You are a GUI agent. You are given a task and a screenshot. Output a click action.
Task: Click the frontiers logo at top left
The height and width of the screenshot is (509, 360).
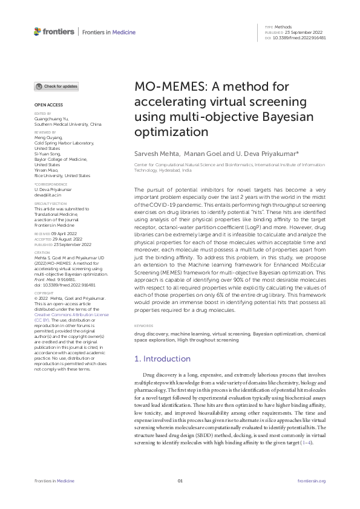click(54, 31)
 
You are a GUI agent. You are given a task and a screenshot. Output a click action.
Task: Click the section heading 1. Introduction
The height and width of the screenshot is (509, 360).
click(162, 359)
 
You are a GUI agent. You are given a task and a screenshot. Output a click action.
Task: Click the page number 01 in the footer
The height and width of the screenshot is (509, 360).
click(180, 481)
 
